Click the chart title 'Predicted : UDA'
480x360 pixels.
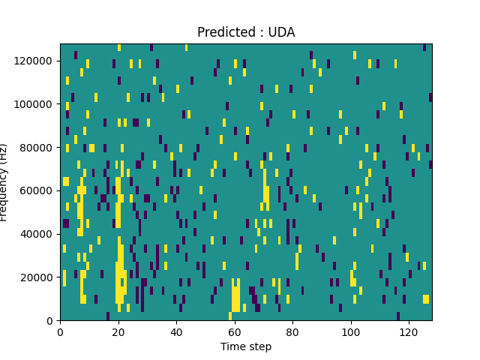pyautogui.click(x=246, y=32)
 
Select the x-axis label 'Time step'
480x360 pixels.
pyautogui.click(x=246, y=346)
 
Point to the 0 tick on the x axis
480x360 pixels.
pyautogui.click(x=60, y=331)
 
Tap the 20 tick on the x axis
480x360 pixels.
pyautogui.click(x=118, y=331)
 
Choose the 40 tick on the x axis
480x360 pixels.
pyautogui.click(x=176, y=331)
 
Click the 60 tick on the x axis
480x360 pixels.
pyautogui.click(x=234, y=331)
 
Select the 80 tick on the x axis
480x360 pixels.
pyautogui.click(x=292, y=331)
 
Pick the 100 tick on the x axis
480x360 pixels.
pyautogui.click(x=350, y=331)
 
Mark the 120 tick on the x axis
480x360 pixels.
pyautogui.click(x=409, y=331)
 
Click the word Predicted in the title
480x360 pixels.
pyautogui.click(x=221, y=32)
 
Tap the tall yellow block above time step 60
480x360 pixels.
pyautogui.click(x=235, y=295)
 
